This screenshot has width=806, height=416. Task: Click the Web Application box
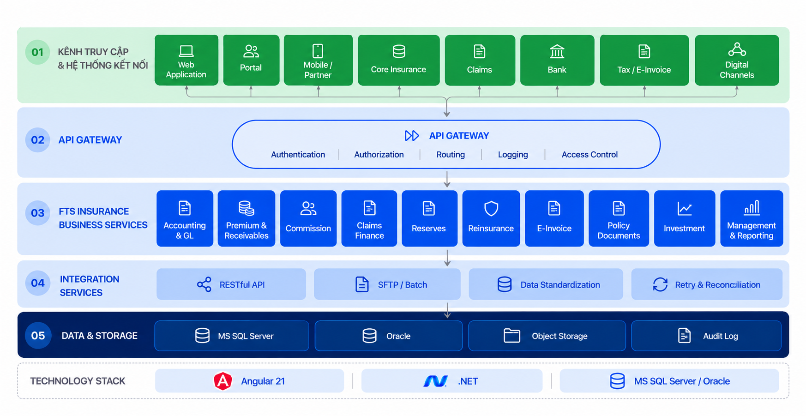pyautogui.click(x=186, y=60)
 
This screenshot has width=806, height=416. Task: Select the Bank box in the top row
pyautogui.click(x=557, y=60)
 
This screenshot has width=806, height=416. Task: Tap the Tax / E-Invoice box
pyautogui.click(x=644, y=60)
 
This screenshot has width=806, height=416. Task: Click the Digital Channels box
pyautogui.click(x=737, y=60)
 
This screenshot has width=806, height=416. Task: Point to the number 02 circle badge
pyautogui.click(x=38, y=140)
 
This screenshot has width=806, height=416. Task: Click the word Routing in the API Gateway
pyautogui.click(x=451, y=155)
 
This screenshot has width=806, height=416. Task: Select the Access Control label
pyautogui.click(x=589, y=155)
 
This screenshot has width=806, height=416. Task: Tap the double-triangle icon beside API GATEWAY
pyautogui.click(x=412, y=136)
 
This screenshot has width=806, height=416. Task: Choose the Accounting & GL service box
pyautogui.click(x=185, y=218)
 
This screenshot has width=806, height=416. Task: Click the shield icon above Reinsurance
pyautogui.click(x=491, y=208)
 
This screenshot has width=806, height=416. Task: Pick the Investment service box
pyautogui.click(x=685, y=218)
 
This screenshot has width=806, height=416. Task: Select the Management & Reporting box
pyautogui.click(x=752, y=218)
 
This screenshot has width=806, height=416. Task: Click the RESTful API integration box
pyautogui.click(x=231, y=284)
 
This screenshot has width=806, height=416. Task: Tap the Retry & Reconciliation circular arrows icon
pyautogui.click(x=660, y=284)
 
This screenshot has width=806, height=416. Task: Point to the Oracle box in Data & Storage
pyautogui.click(x=389, y=336)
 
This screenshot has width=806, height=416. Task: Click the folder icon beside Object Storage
pyautogui.click(x=512, y=336)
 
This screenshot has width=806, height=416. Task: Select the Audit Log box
pyautogui.click(x=706, y=336)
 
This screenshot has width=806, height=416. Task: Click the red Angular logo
pyautogui.click(x=223, y=381)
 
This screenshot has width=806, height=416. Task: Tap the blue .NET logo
pyautogui.click(x=436, y=381)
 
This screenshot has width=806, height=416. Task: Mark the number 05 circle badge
pyautogui.click(x=38, y=336)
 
